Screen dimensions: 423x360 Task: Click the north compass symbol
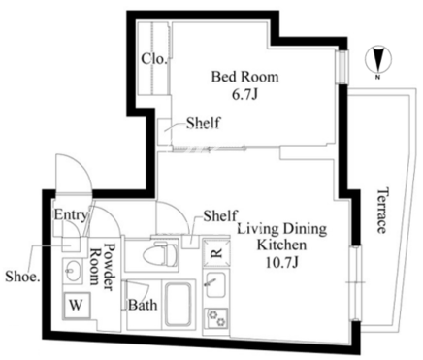378,61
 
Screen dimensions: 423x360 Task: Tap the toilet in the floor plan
160,254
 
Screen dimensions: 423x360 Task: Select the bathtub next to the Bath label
178,305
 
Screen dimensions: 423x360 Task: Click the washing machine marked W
77,305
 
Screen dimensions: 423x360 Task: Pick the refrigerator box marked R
216,252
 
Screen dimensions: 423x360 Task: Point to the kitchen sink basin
215,284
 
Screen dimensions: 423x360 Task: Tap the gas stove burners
217,318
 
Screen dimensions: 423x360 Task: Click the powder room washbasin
73,271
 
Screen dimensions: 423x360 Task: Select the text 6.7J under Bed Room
244,94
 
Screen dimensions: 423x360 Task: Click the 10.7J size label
281,263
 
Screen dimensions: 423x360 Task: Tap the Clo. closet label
154,59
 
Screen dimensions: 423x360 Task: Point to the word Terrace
382,210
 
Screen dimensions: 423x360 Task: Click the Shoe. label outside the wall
21,277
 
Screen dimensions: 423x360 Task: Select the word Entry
71,214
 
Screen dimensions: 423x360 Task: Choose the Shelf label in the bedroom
204,123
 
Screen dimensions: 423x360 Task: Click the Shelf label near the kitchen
220,215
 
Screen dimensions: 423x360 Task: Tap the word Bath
143,305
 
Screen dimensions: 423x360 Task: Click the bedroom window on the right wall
342,67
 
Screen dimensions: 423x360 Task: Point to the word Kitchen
281,245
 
